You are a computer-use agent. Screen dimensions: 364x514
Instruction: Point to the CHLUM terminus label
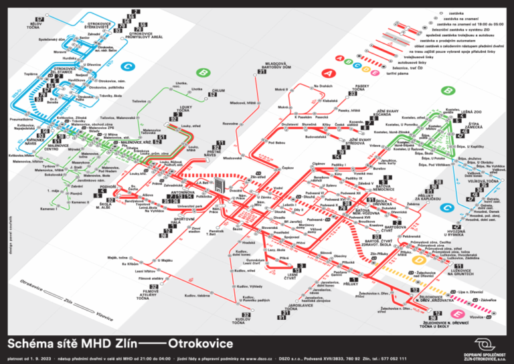click(x=218, y=90)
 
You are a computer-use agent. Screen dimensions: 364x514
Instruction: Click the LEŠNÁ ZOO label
click(x=471, y=112)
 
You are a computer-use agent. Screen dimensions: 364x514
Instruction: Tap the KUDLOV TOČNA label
click(x=241, y=322)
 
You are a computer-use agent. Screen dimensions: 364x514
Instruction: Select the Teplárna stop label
click(x=30, y=74)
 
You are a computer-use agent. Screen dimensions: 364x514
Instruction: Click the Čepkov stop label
click(x=288, y=168)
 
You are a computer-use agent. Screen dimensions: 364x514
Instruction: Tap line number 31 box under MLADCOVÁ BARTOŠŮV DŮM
click(x=262, y=72)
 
